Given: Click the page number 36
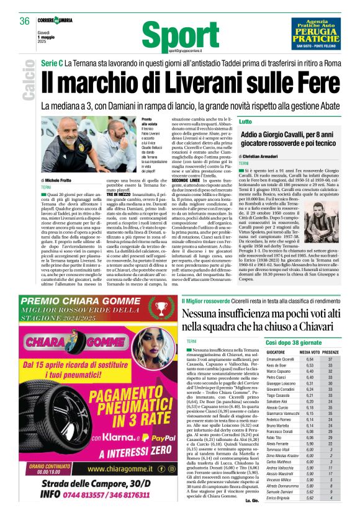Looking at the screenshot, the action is point(25,21).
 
